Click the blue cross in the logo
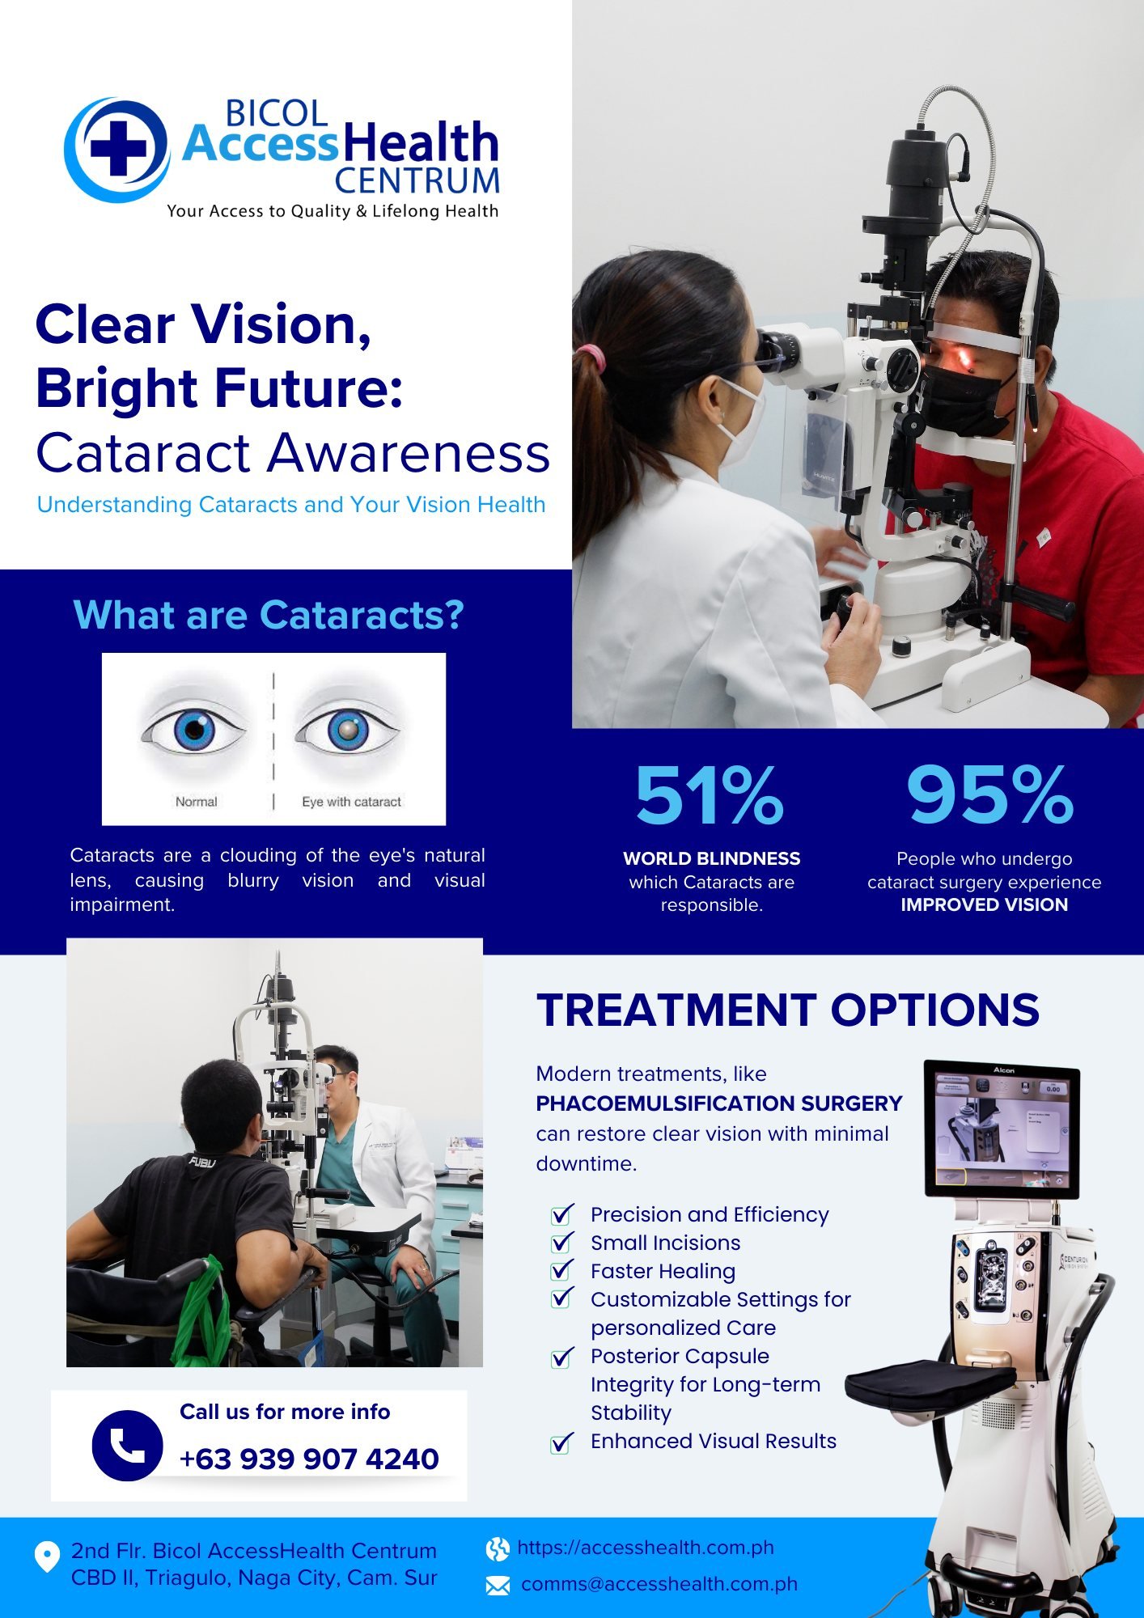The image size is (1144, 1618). click(118, 147)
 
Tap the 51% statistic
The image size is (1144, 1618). click(710, 795)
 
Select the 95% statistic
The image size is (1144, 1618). click(990, 795)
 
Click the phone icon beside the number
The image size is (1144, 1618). click(127, 1446)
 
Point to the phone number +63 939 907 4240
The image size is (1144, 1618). click(309, 1459)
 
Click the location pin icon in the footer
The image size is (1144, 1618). click(47, 1557)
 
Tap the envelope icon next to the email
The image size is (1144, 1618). click(498, 1586)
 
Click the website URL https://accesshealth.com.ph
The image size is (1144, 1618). click(645, 1548)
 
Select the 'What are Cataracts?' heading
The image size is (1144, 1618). click(269, 615)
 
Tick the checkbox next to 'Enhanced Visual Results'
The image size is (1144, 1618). click(561, 1443)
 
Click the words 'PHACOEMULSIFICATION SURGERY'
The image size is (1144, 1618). click(718, 1103)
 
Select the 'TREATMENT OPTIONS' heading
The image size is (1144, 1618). click(787, 1010)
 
